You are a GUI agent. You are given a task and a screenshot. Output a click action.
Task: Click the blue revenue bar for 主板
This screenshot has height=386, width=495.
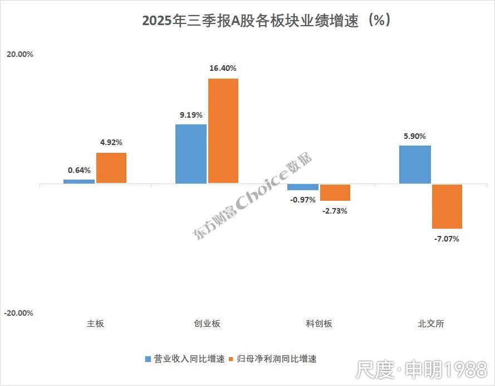[x=79, y=181]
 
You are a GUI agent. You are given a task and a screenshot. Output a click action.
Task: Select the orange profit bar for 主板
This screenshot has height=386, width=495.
[x=111, y=168]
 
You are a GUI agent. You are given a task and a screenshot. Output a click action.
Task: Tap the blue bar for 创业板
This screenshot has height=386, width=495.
[x=191, y=153]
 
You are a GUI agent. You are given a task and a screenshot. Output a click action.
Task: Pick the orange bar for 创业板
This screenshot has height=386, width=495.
[x=223, y=131]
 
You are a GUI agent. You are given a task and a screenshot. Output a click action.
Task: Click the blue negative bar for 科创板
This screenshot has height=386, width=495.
[x=303, y=187]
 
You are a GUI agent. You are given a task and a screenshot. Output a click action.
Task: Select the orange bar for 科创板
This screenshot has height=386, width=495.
[x=335, y=192]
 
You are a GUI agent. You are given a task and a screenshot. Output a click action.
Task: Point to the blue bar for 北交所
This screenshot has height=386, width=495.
[x=415, y=165]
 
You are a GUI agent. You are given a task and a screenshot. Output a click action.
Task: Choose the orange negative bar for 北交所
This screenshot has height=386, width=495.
[x=447, y=206]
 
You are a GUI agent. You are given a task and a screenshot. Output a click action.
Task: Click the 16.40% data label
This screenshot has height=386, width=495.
[x=223, y=69]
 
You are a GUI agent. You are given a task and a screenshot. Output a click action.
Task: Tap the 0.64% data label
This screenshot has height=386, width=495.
[x=79, y=170]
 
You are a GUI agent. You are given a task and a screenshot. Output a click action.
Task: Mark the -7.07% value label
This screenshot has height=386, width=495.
[x=448, y=239]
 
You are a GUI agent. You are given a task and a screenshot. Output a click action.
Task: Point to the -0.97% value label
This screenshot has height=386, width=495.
[x=303, y=200]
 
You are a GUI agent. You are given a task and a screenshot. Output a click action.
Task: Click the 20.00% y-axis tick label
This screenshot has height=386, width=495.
[x=19, y=55]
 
